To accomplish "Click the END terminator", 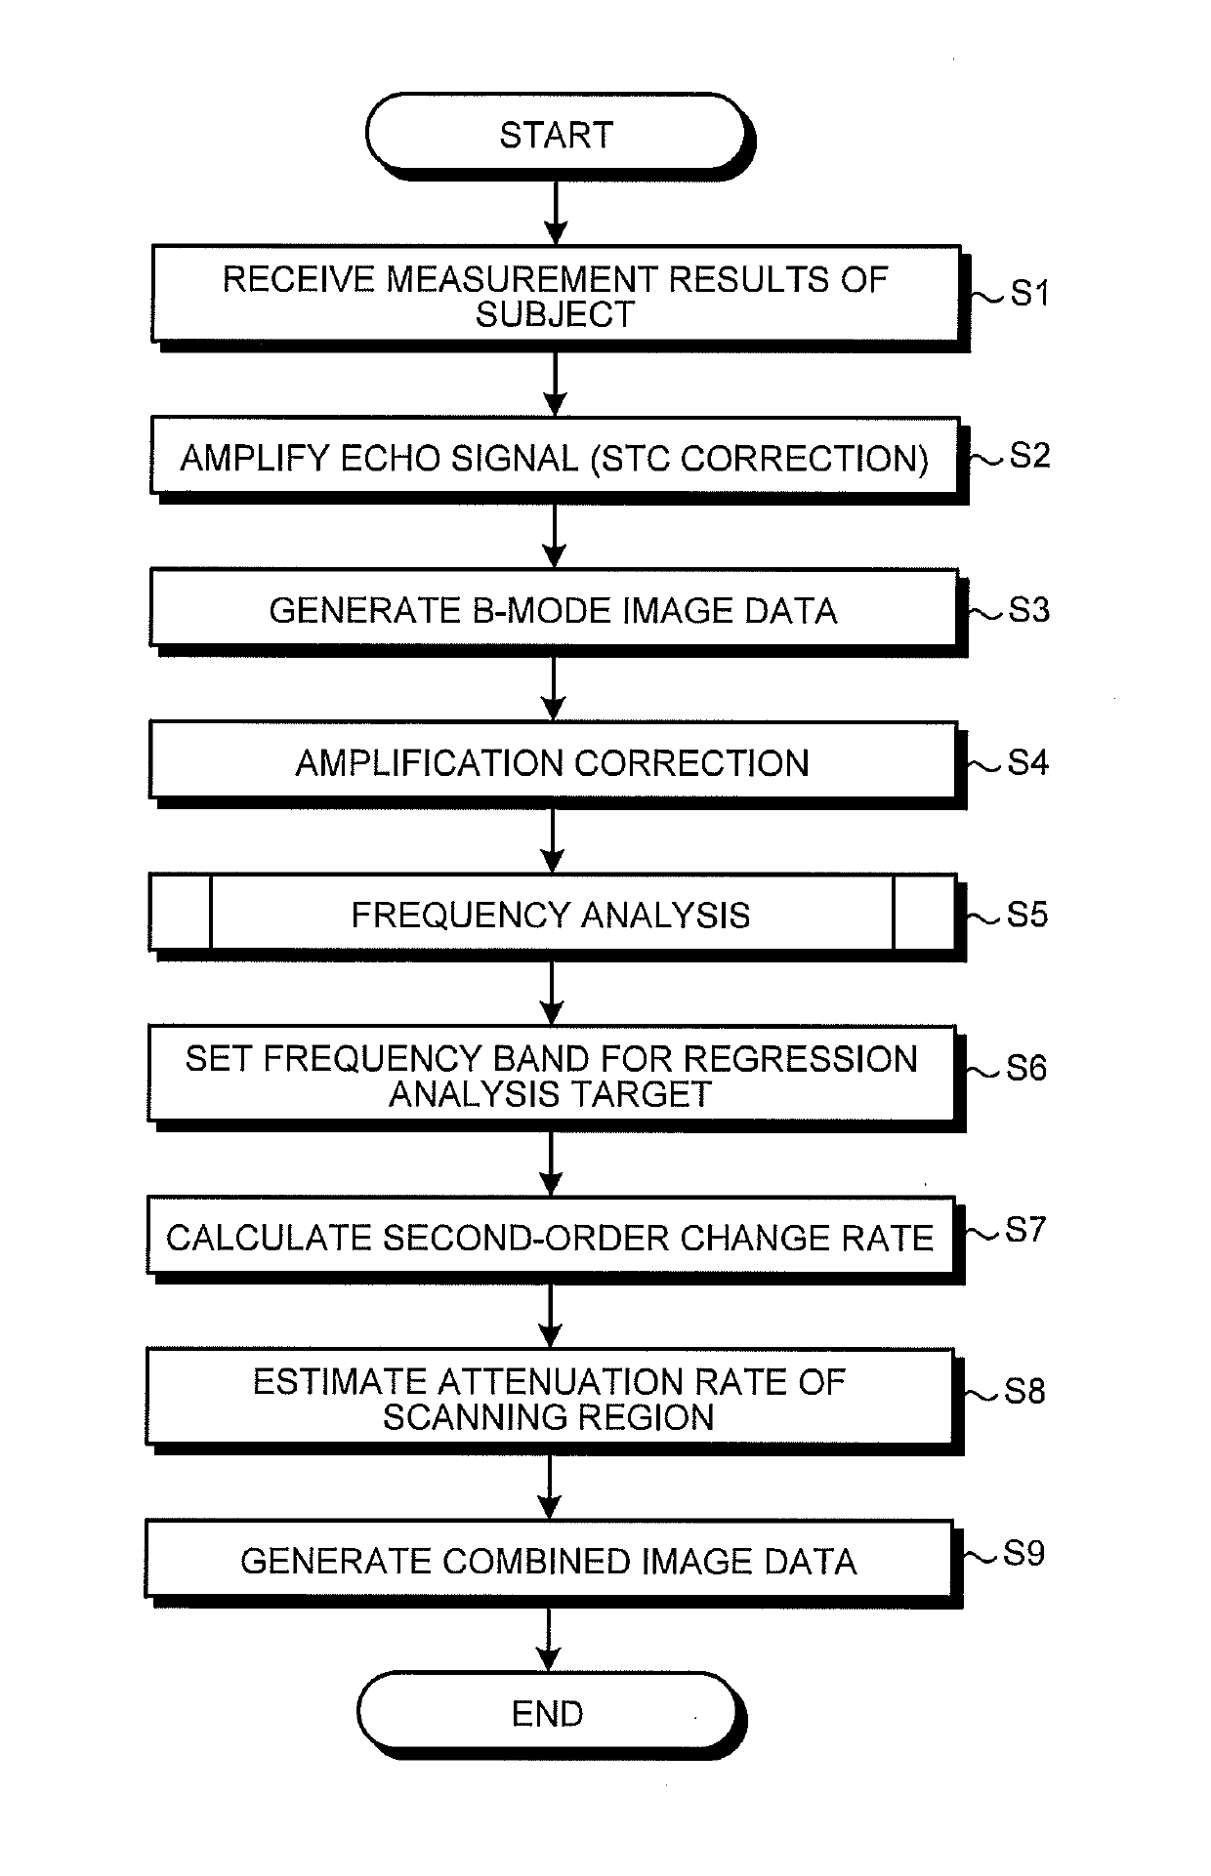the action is pyautogui.click(x=549, y=1714).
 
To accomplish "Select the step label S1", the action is pyautogui.click(x=1029, y=293).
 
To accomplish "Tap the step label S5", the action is pyautogui.click(x=1027, y=915).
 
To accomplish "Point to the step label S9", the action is pyautogui.click(x=1024, y=1553).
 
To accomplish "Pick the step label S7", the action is pyautogui.click(x=1025, y=1230).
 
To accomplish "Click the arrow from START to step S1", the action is pyautogui.click(x=556, y=212).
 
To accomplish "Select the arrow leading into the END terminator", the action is pyautogui.click(x=549, y=1640).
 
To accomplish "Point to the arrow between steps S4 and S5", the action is pyautogui.click(x=553, y=841).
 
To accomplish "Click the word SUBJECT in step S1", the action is pyautogui.click(x=556, y=314).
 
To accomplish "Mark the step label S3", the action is pyautogui.click(x=1029, y=610).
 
